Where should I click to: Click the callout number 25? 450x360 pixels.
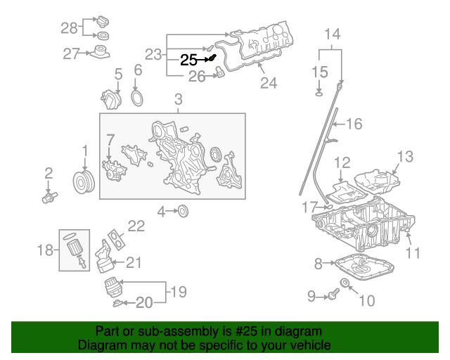click(x=188, y=60)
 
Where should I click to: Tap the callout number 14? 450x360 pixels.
click(x=331, y=34)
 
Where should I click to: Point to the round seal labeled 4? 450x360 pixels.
click(x=182, y=211)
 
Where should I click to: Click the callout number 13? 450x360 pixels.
click(x=406, y=156)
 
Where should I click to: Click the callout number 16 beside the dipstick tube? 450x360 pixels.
click(x=354, y=124)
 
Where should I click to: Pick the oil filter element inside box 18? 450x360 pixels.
click(x=74, y=245)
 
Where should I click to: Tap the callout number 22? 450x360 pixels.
click(x=136, y=226)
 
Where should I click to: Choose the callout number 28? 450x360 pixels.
click(x=68, y=27)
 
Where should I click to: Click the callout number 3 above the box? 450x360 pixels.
click(x=178, y=99)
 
